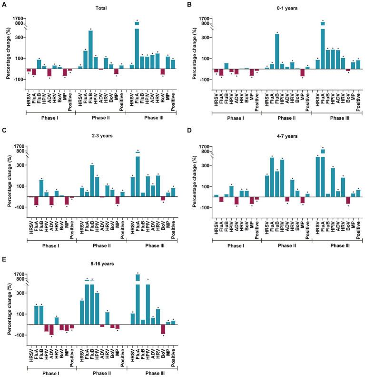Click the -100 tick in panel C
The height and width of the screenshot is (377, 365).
[18, 207]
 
